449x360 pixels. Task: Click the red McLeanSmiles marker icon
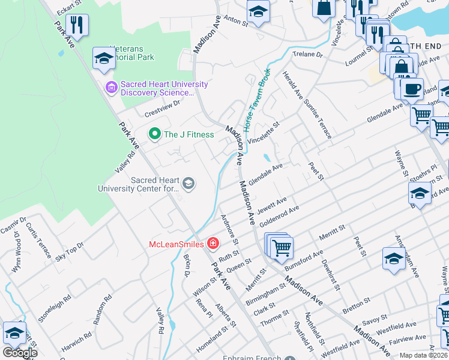(212, 243)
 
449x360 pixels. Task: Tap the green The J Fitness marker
(154, 134)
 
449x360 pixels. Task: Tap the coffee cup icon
(412, 89)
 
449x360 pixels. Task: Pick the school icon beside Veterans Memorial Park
(104, 58)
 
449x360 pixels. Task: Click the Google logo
(19, 353)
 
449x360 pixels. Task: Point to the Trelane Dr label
(308, 55)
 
